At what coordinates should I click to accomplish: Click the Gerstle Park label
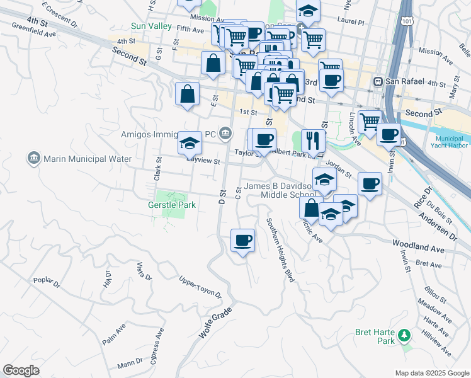[x=172, y=205]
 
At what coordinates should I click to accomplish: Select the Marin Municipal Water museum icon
[x=34, y=159]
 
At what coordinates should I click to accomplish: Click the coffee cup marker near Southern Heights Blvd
[x=242, y=240]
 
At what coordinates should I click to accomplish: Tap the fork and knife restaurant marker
[x=313, y=140]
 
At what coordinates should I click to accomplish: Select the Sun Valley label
[x=150, y=26]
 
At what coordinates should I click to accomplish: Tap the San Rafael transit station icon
[x=378, y=82]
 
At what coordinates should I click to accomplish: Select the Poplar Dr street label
[x=47, y=281]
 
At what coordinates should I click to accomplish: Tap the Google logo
[x=21, y=370]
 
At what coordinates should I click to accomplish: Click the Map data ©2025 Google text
[x=431, y=373]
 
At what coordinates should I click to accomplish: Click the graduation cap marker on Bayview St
[x=190, y=143]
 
